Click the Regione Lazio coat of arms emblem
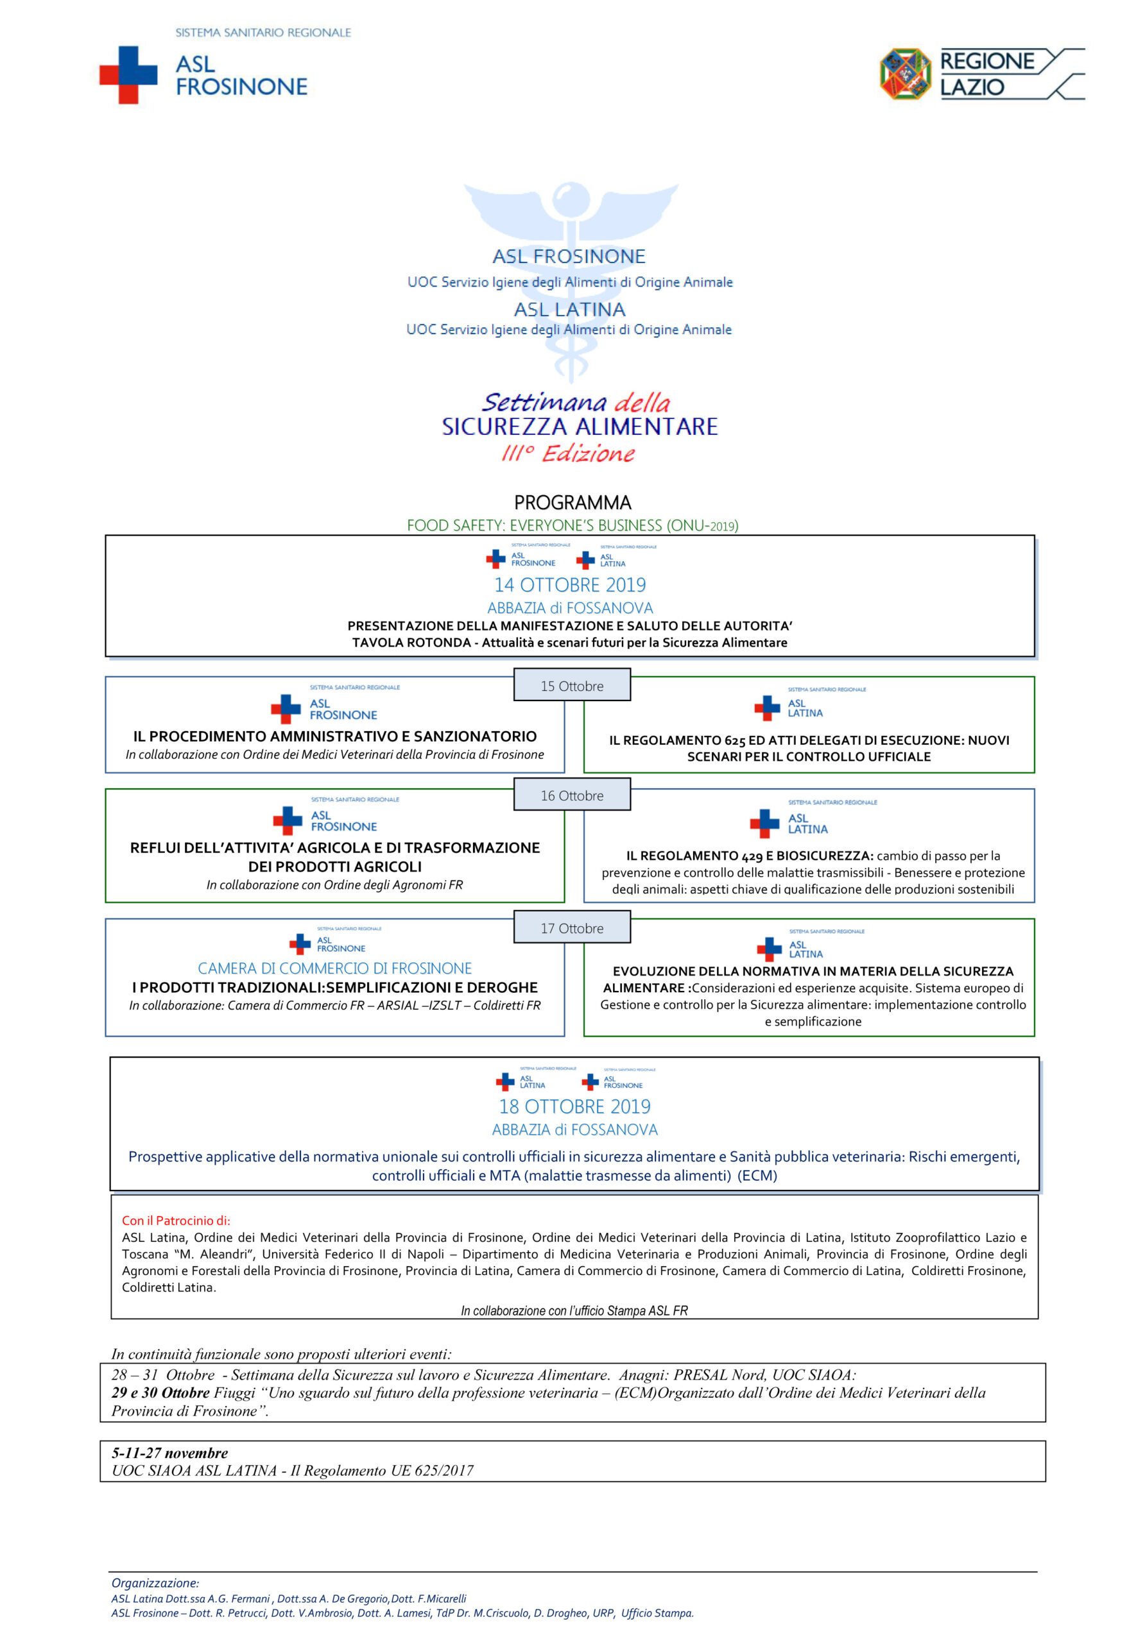pos(904,74)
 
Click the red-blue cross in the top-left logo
pos(128,74)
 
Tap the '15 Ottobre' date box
pos(572,686)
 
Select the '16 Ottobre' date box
pos(572,795)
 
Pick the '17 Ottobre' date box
pos(572,928)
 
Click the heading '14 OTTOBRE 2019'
pos(570,585)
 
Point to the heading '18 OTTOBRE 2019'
pos(574,1106)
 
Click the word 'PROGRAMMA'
pos(572,502)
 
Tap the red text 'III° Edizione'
pos(568,453)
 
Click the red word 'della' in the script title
pos(642,403)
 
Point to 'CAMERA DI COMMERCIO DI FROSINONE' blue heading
pos(335,969)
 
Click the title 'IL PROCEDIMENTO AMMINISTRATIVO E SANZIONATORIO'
pos(335,736)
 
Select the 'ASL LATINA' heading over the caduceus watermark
pos(570,310)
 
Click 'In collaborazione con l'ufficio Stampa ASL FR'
pos(574,1311)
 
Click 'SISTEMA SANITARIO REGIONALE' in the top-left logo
pos(263,33)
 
